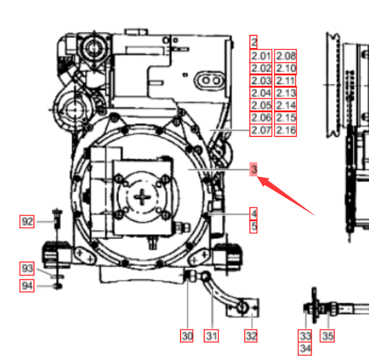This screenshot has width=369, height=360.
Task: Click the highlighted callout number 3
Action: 253,169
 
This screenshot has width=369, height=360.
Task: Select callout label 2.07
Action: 261,130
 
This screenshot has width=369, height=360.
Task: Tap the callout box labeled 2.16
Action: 285,130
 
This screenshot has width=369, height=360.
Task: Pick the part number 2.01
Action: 261,55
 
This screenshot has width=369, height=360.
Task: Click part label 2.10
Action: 285,68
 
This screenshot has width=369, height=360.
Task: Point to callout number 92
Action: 27,221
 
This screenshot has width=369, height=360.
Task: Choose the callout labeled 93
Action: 27,268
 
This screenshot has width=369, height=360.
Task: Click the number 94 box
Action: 27,285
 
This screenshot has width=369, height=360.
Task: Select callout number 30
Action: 187,336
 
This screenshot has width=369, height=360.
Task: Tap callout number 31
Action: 211,336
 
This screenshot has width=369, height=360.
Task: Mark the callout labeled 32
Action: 251,336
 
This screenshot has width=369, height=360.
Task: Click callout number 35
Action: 327,336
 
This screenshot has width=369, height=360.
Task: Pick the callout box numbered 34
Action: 305,349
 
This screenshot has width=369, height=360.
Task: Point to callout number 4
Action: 253,214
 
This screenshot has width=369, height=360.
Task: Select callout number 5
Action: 253,227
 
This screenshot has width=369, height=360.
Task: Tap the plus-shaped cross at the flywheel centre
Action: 142,197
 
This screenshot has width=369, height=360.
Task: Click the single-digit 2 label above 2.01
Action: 253,42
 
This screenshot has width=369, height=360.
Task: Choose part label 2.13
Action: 285,93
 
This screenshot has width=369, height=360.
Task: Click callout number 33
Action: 305,336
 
